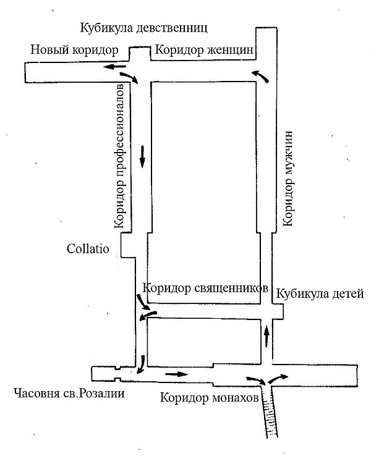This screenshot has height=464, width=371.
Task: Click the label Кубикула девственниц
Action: (x=143, y=28)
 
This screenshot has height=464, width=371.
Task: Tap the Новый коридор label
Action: (x=74, y=50)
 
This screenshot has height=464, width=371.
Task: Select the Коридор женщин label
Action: (x=204, y=50)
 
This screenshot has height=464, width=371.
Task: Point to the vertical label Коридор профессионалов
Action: (x=120, y=156)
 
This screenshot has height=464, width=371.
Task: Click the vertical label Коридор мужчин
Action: (x=288, y=179)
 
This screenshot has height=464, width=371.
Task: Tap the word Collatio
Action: (x=88, y=248)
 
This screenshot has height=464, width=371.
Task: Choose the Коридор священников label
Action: (x=205, y=288)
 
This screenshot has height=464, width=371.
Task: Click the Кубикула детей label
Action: (x=320, y=294)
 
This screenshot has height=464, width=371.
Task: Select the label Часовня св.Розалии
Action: (x=69, y=394)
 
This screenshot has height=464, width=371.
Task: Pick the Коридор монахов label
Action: (x=210, y=398)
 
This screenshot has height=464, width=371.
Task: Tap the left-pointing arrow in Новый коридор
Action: (x=114, y=67)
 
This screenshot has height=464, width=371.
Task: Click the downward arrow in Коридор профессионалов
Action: (x=143, y=156)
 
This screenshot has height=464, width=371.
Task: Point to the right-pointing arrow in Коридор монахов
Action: (x=176, y=374)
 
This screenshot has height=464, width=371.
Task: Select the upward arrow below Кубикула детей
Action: (x=267, y=336)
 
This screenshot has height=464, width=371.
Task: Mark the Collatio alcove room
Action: (x=128, y=245)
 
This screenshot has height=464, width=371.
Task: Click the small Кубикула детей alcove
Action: (x=278, y=311)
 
